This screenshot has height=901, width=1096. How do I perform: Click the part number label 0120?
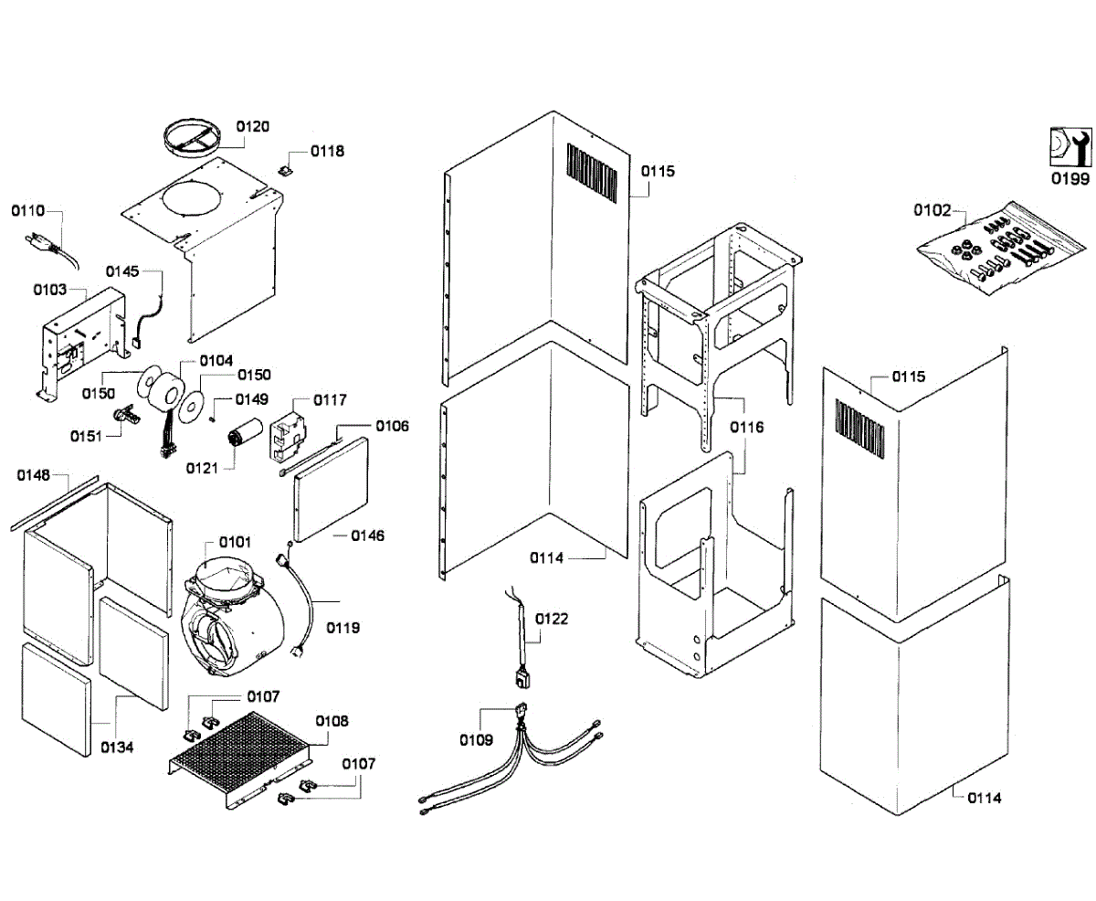(253, 127)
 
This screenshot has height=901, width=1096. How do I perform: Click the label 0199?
(1069, 179)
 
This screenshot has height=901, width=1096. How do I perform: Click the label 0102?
(933, 210)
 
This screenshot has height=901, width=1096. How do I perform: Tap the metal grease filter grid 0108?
(242, 748)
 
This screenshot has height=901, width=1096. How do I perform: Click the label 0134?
(117, 747)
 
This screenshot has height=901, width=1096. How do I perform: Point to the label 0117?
(330, 400)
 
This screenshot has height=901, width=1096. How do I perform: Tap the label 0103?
(49, 290)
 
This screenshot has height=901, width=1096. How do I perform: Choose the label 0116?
(747, 427)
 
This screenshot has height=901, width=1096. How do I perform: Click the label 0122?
(552, 619)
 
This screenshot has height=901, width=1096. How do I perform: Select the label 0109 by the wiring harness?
(476, 740)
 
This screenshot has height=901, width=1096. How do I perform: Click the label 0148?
(33, 475)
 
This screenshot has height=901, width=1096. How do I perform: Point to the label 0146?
(368, 535)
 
